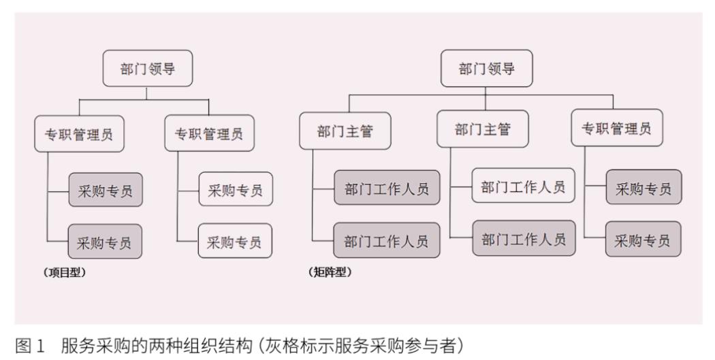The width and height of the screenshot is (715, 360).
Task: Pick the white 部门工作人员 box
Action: (523, 187)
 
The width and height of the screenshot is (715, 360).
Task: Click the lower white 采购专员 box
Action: (235, 242)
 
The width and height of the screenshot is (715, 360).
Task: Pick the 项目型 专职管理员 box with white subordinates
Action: (210, 135)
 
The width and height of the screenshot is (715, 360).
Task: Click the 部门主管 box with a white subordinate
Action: (482, 129)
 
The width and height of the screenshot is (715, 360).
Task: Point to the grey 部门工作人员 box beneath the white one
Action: (523, 239)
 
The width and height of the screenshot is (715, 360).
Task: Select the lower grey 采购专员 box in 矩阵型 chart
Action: (643, 240)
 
